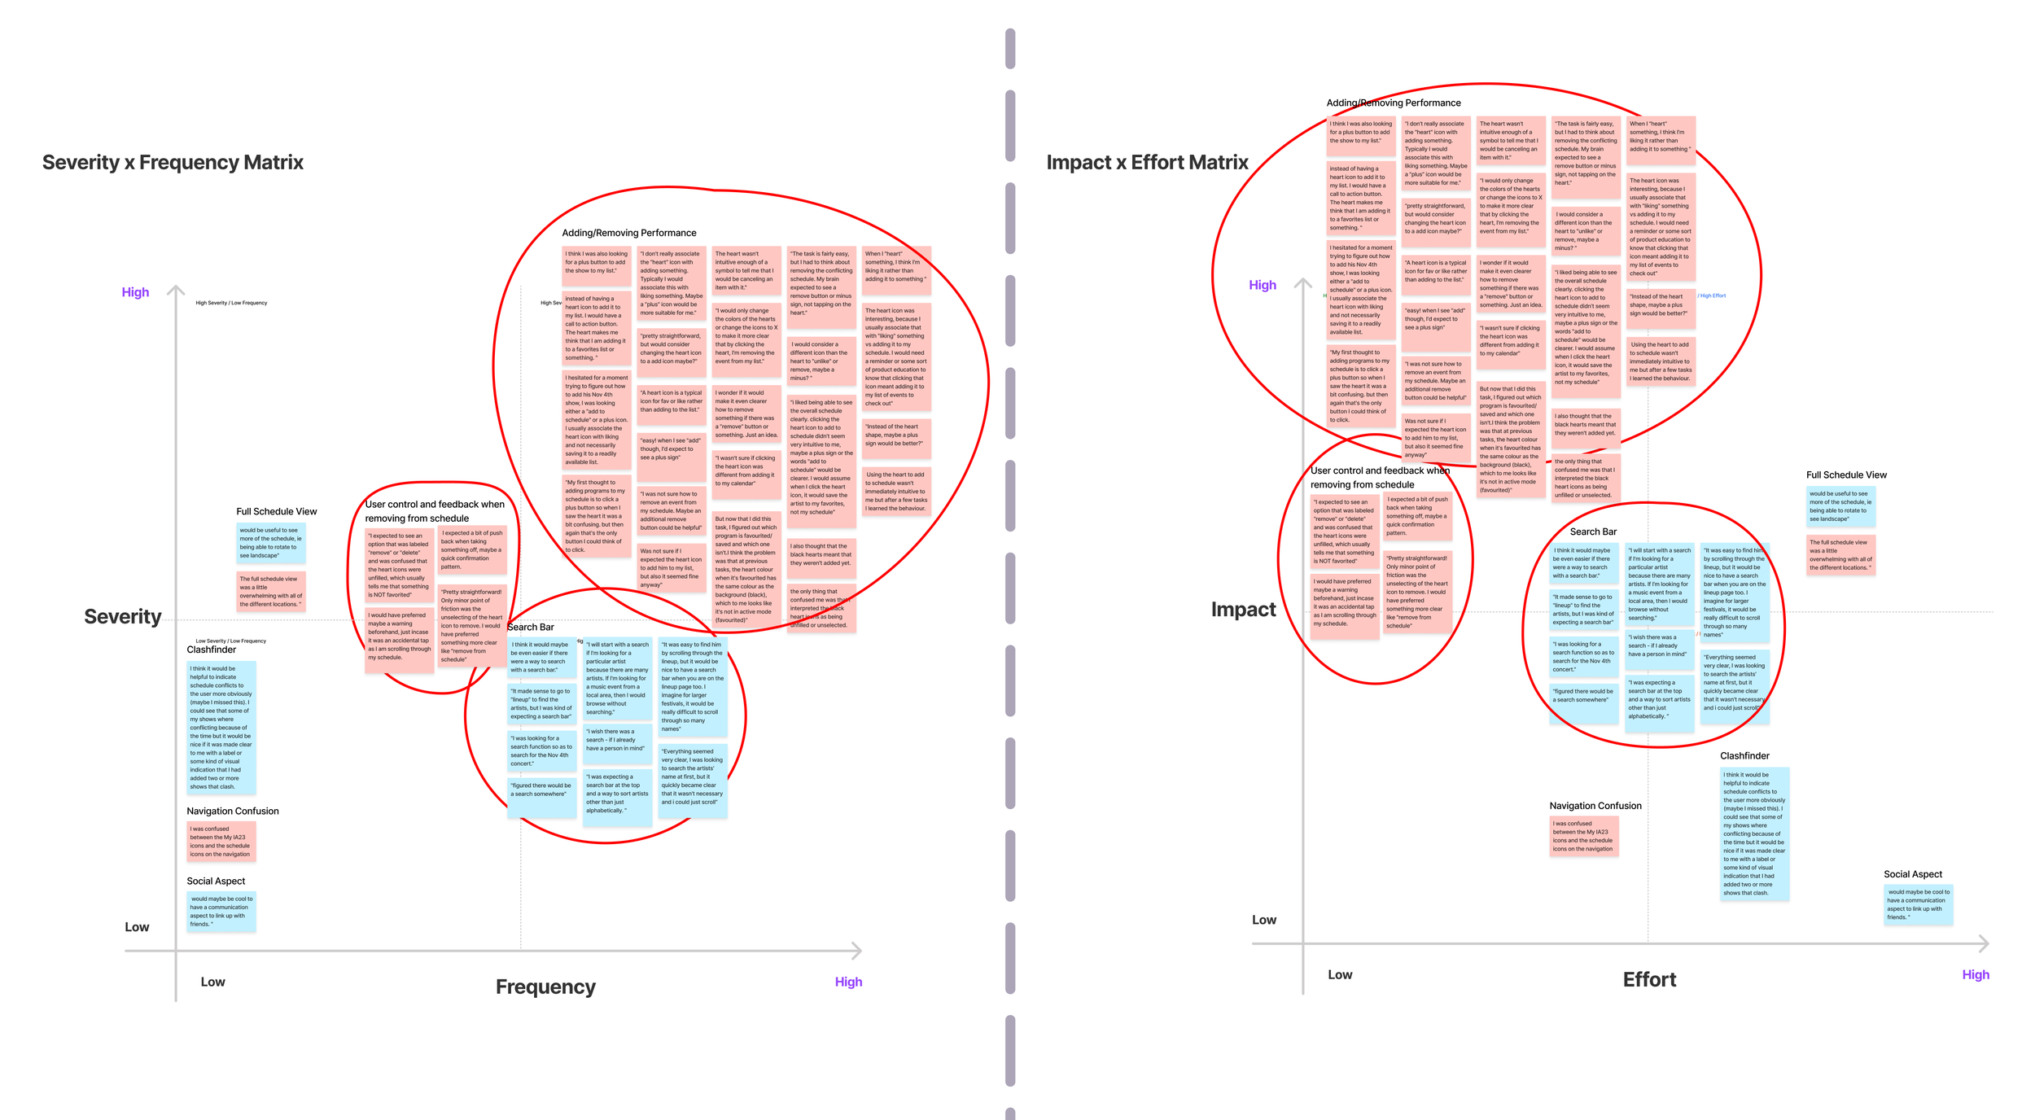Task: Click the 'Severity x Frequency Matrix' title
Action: coord(173,163)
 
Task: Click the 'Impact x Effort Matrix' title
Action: coord(1147,163)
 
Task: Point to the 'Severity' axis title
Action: coord(123,617)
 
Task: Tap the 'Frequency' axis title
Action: coord(545,987)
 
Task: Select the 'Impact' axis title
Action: coord(1243,610)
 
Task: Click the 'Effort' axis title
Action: coord(1649,980)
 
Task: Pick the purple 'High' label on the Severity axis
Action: coord(135,292)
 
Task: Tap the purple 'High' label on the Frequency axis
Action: coord(848,982)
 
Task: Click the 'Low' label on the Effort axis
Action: coord(1340,975)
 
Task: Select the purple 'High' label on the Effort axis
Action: coord(1975,975)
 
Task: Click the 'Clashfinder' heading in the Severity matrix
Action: coord(212,650)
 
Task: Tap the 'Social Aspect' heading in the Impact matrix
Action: coord(1913,874)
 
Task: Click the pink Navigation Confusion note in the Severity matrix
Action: coord(221,842)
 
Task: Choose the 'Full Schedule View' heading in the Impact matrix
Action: coord(1846,475)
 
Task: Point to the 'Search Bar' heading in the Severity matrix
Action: coord(531,628)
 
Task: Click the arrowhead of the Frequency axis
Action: coord(857,950)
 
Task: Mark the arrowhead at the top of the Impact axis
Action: coord(1303,282)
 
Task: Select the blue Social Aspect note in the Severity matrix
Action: coord(221,912)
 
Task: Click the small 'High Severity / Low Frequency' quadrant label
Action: coord(231,303)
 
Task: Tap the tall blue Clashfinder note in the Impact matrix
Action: coord(1754,834)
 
